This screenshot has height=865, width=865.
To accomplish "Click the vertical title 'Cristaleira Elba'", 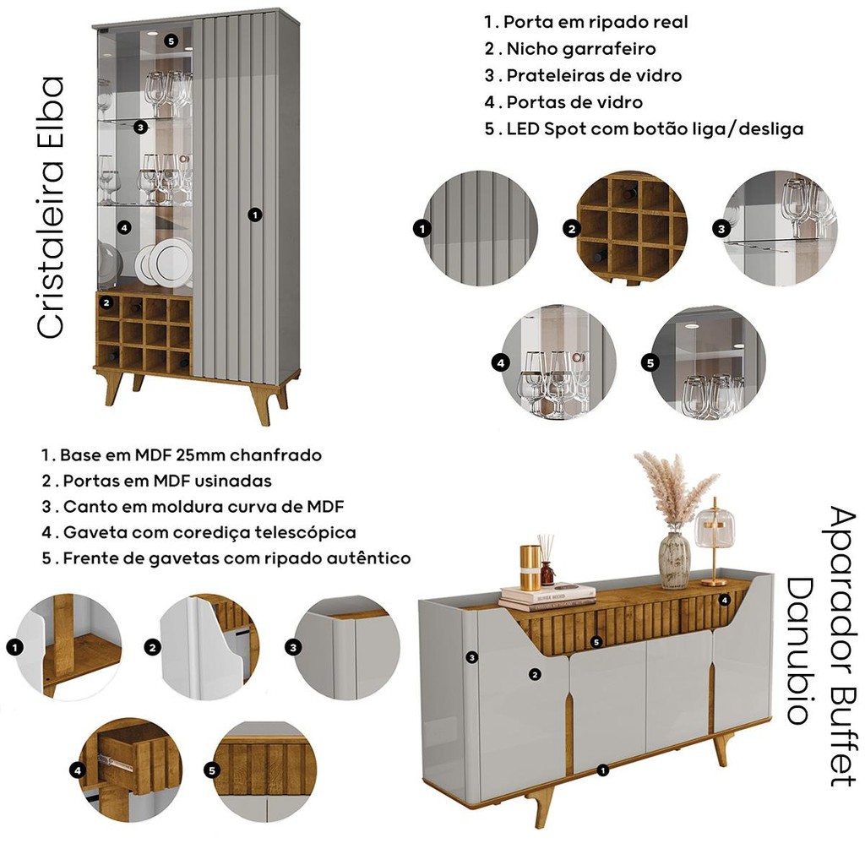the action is (x=51, y=208).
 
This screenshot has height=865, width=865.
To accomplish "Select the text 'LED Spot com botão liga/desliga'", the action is (x=655, y=129).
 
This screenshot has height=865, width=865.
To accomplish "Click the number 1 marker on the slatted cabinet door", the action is (x=254, y=215).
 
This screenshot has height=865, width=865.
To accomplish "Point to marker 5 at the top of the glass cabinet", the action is (x=171, y=41).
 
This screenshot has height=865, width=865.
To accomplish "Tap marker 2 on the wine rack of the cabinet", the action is (x=107, y=302).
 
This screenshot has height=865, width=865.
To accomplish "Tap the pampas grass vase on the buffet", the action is (x=675, y=520).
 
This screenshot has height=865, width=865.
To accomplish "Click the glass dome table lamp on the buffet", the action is (x=714, y=542).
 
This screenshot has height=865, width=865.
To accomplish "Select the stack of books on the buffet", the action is (x=547, y=597).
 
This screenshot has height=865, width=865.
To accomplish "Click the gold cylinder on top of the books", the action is (x=530, y=567).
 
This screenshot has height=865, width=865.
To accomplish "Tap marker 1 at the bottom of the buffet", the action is (x=603, y=770).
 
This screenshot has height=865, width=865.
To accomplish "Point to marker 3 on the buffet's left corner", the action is (x=471, y=657).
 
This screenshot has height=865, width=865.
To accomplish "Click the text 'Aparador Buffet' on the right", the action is (x=844, y=645).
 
